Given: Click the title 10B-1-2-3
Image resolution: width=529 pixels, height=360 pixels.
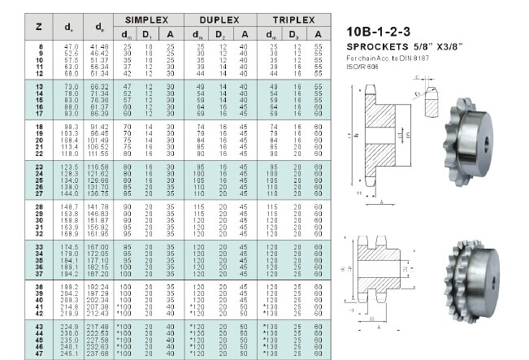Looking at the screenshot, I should click(379, 32).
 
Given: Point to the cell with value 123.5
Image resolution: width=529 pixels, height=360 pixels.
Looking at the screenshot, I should click(71, 166).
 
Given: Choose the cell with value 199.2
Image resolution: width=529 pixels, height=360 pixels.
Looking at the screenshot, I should click(71, 288).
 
